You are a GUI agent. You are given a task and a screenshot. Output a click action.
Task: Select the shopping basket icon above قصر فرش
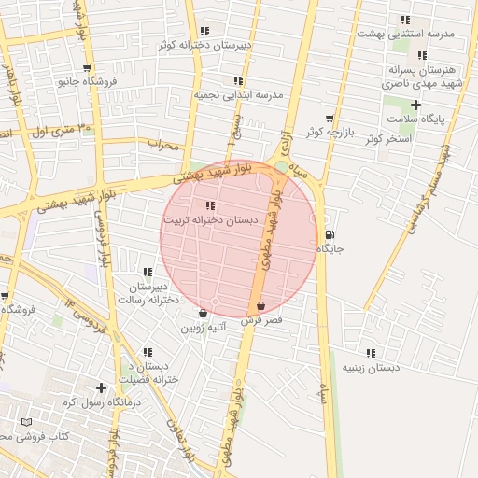[260, 305]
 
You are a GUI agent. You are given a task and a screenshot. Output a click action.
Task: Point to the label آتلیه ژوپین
[203, 328]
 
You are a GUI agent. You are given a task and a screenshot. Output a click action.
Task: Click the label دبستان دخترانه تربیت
[208, 219]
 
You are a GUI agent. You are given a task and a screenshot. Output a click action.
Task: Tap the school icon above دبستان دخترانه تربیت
[209, 205]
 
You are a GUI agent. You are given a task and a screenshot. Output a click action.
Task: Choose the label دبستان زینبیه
[370, 368]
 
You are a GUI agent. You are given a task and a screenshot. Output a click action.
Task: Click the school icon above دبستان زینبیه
[371, 353]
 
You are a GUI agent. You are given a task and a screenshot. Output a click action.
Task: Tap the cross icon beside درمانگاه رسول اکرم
[101, 387]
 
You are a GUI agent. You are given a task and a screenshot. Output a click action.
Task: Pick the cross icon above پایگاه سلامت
[416, 105]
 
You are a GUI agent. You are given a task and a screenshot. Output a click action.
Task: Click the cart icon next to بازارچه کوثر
[330, 119]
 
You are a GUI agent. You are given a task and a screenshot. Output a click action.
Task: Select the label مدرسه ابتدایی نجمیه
[238, 95]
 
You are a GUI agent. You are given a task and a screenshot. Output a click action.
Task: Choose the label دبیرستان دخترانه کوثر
[204, 44]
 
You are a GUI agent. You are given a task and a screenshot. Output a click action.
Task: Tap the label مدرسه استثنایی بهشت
[405, 34]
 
